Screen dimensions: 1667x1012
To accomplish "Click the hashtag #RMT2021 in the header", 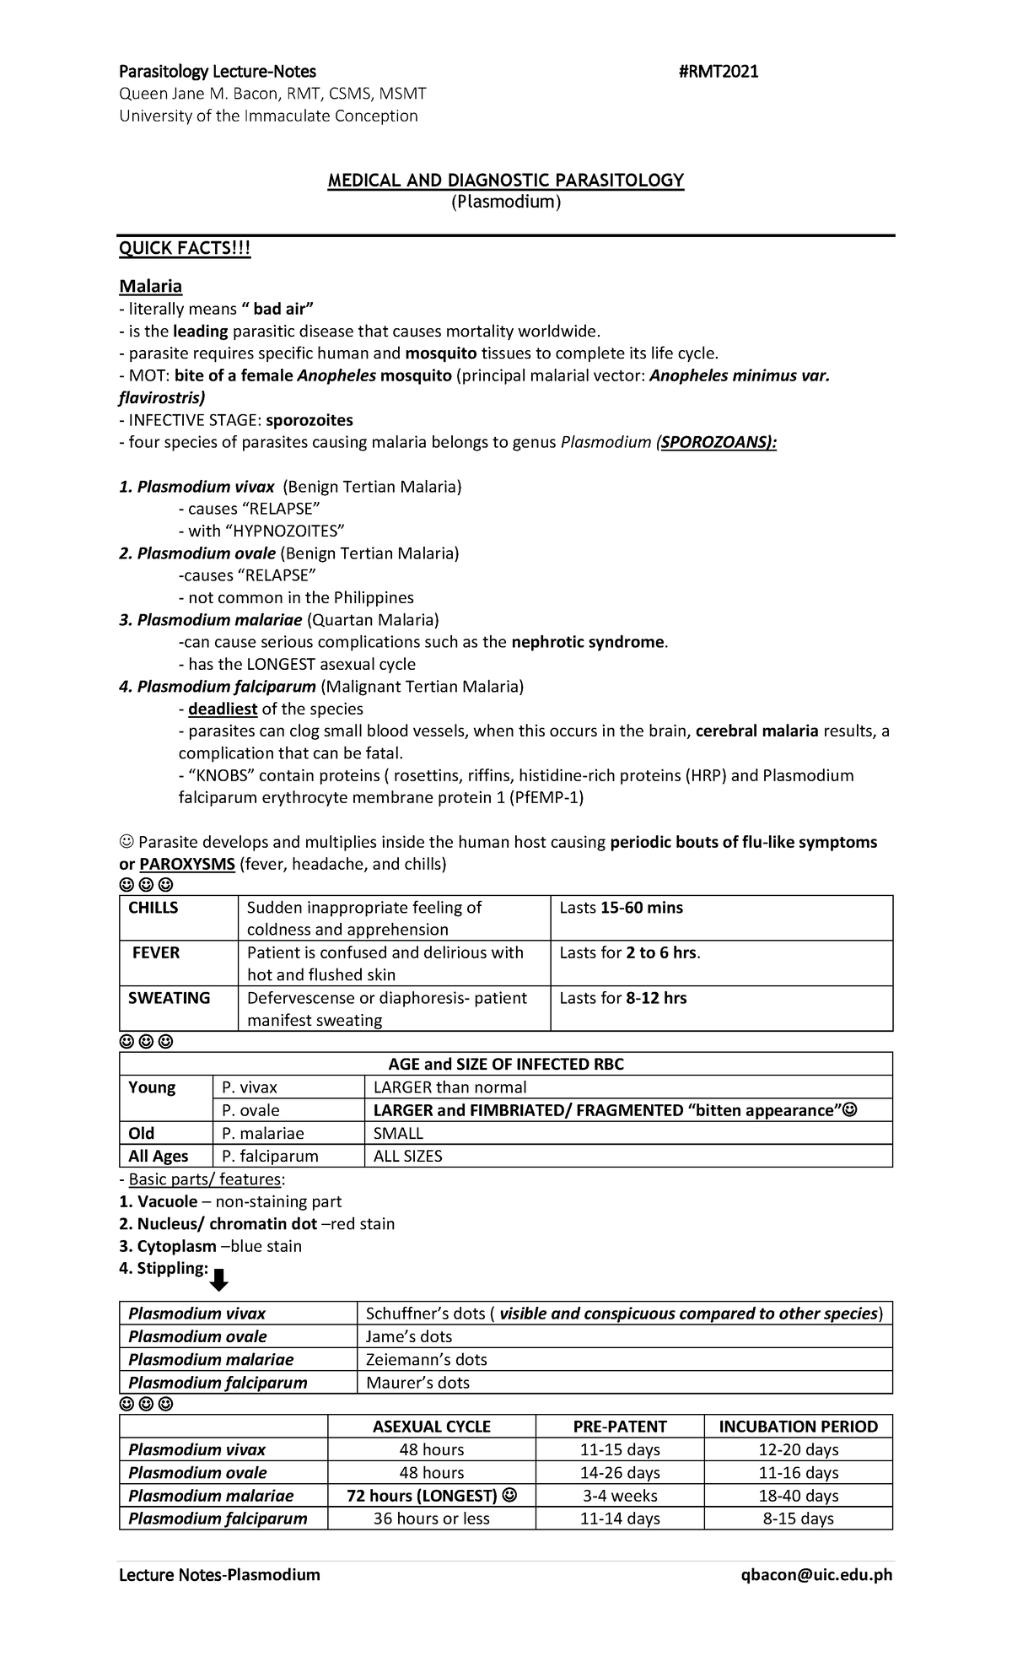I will pyautogui.click(x=718, y=72).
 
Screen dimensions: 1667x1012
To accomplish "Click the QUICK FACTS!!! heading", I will pyautogui.click(x=185, y=250).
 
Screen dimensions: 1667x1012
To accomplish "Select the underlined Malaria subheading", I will pyautogui.click(x=150, y=286).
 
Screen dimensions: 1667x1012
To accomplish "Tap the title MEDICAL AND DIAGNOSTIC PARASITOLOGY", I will pyautogui.click(x=506, y=180).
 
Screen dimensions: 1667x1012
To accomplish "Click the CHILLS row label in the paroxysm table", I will pyautogui.click(x=153, y=908).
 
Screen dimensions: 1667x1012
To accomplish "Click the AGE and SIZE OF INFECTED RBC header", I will pyautogui.click(x=506, y=1064).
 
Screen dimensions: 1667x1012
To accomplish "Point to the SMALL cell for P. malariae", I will pyautogui.click(x=398, y=1133).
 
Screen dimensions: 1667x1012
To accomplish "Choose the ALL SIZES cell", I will pyautogui.click(x=408, y=1156).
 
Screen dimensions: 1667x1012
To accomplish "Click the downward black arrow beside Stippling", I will pyautogui.click(x=218, y=1280).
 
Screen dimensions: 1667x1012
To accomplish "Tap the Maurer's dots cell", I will pyautogui.click(x=417, y=1382).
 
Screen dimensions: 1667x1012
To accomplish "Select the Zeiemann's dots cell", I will pyautogui.click(x=426, y=1359).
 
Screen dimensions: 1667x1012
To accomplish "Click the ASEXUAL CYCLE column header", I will pyautogui.click(x=432, y=1426).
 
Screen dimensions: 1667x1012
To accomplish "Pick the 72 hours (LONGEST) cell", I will pyautogui.click(x=432, y=1495).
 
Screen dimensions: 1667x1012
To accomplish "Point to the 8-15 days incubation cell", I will pyautogui.click(x=798, y=1519).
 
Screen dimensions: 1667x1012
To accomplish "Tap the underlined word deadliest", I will pyautogui.click(x=222, y=709).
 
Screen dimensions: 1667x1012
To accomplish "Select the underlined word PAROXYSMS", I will pyautogui.click(x=187, y=864).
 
